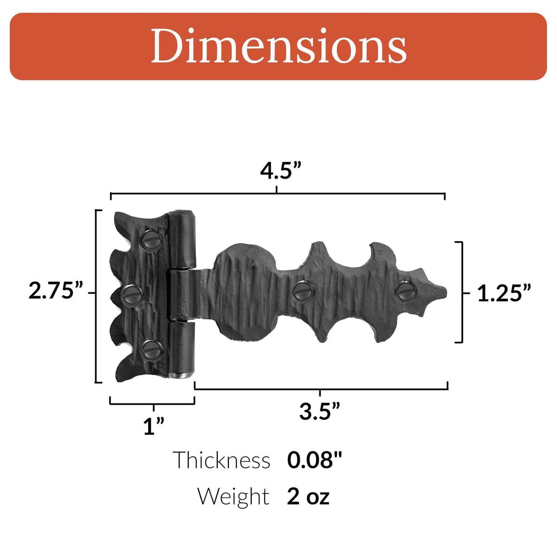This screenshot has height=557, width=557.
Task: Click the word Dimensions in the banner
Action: click(278, 46)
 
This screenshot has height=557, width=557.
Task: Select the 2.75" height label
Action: click(56, 291)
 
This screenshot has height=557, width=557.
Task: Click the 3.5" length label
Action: click(320, 412)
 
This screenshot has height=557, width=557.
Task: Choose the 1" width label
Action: click(154, 426)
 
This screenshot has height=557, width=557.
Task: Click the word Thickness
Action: click(221, 460)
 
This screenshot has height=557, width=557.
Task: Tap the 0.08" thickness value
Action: click(314, 460)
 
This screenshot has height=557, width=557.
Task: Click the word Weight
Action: click(233, 496)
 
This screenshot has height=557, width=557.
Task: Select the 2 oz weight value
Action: click(308, 496)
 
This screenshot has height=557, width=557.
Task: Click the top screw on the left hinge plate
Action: click(151, 239)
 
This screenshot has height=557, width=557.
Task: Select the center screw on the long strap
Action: click(304, 292)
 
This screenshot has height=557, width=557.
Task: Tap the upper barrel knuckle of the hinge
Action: click(183, 239)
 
